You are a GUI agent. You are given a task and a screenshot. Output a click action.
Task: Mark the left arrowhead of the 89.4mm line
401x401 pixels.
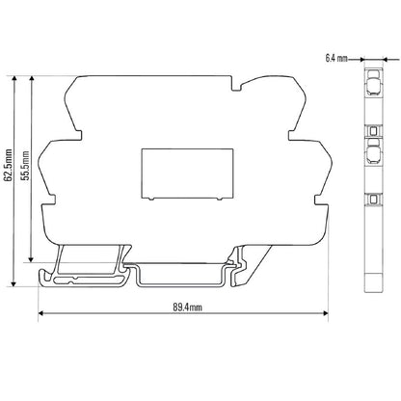(x=41, y=314)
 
